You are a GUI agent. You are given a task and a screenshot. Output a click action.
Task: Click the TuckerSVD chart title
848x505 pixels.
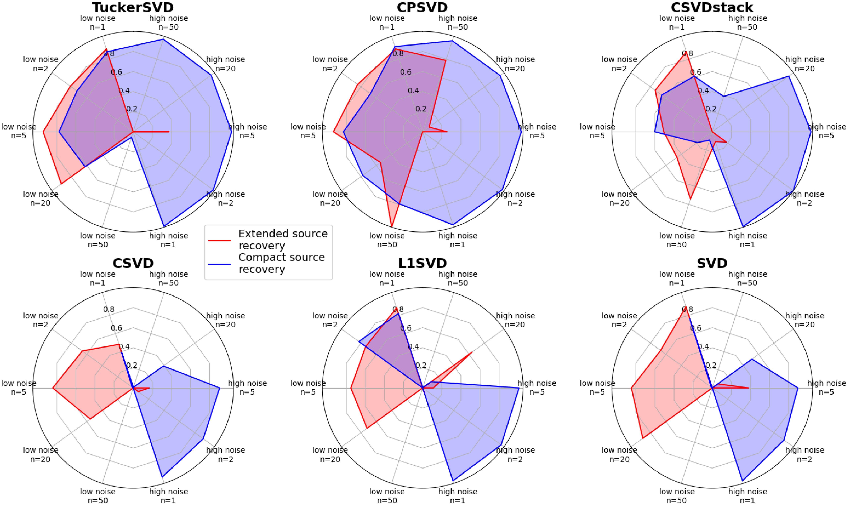coord(133,7)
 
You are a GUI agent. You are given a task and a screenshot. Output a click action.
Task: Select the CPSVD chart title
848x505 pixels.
coord(422,7)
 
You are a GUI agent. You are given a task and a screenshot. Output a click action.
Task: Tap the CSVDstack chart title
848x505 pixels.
coord(712,7)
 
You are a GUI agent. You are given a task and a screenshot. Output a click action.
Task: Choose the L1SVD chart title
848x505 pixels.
coord(422,263)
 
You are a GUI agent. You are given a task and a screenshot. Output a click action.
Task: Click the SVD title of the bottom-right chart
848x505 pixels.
coord(712,263)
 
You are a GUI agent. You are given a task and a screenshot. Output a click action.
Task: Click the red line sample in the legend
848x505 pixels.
coord(219,240)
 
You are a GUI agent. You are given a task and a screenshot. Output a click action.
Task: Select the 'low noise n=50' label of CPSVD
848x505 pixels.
coord(387,240)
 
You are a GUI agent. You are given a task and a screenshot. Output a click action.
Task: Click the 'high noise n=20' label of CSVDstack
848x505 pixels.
coord(805,64)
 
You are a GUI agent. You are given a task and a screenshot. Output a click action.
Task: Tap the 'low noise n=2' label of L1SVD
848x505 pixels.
coord(330,320)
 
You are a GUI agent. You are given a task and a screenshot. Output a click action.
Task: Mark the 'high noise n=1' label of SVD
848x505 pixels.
coord(748,496)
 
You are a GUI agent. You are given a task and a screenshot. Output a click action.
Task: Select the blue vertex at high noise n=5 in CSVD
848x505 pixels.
coord(219,388)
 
